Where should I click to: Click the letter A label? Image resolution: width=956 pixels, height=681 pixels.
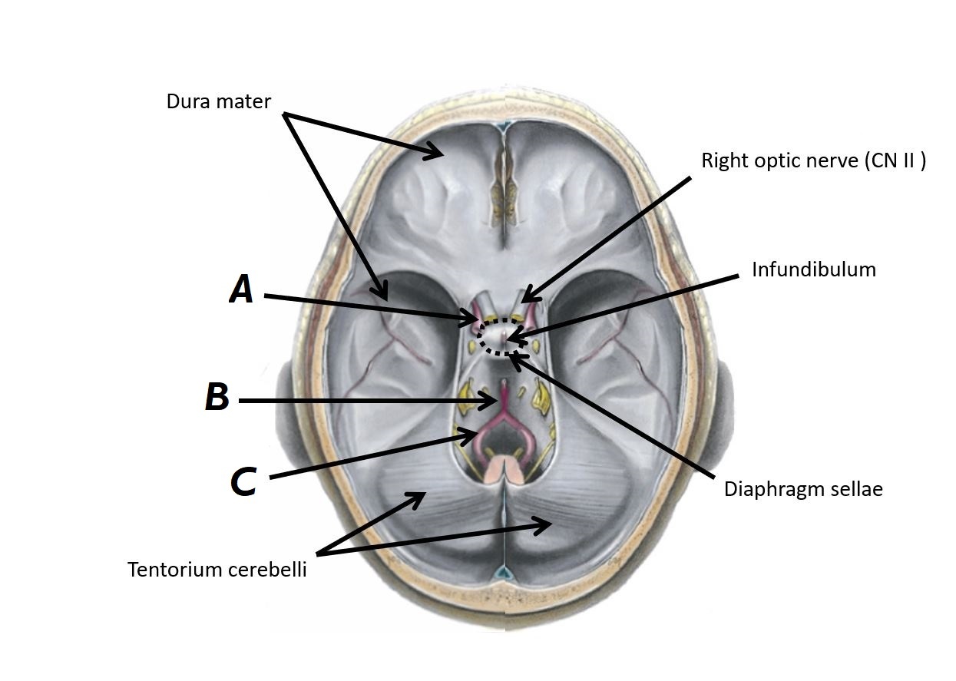pyautogui.click(x=241, y=291)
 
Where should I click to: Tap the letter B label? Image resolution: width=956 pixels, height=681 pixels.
pyautogui.click(x=217, y=398)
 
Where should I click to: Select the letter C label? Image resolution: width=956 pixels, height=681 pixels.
pyautogui.click(x=243, y=481)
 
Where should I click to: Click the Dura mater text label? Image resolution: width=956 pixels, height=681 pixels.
pyautogui.click(x=219, y=101)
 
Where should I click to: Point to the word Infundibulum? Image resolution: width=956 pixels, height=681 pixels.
pyautogui.click(x=814, y=269)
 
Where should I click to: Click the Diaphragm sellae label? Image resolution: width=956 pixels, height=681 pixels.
pyautogui.click(x=803, y=489)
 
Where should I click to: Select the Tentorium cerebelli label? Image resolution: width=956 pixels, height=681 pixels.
pyautogui.click(x=217, y=570)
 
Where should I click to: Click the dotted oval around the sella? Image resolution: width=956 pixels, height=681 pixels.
pyautogui.click(x=503, y=336)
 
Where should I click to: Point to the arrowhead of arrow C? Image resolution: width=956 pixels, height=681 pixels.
pyautogui.click(x=475, y=435)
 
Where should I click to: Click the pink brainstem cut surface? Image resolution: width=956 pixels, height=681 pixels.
pyautogui.click(x=504, y=467)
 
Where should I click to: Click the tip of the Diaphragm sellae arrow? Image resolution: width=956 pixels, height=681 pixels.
pyautogui.click(x=511, y=353)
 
